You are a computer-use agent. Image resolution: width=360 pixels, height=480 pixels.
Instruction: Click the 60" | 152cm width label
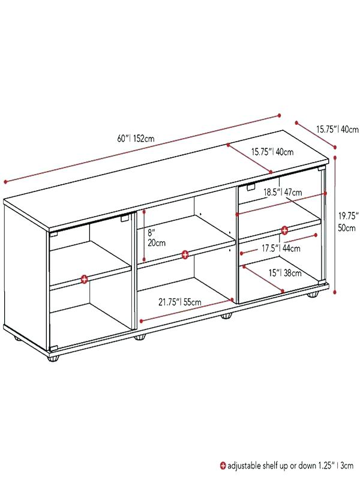coord(136,139)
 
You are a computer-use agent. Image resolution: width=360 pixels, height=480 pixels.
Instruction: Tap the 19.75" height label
coord(348,216)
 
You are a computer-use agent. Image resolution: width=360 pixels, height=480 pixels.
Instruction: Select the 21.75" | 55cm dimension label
coord(179,302)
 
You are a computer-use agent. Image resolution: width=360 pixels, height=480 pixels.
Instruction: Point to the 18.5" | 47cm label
coord(283,192)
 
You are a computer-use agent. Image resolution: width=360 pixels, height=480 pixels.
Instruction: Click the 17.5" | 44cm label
coord(281,248)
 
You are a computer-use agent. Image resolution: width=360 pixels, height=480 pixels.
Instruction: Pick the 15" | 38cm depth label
coord(285,272)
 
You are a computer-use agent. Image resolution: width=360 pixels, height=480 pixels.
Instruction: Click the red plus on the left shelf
coord(84,279)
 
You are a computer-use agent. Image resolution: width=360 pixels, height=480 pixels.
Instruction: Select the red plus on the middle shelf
coord(185,254)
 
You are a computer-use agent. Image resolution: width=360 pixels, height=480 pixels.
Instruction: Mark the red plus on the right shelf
coord(284,230)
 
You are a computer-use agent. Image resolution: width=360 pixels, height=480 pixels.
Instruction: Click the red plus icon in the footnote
coord(223,466)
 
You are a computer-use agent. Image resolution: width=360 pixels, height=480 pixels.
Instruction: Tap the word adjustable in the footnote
coord(244,466)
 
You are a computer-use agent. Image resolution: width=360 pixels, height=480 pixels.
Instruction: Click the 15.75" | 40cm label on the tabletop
coord(272,152)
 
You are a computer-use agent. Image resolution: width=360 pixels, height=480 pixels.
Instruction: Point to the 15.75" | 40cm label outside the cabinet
coord(337,129)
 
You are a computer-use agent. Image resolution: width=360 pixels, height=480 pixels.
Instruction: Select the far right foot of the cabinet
coord(313,295)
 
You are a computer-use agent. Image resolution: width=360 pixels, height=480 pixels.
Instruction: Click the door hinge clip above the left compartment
coord(124,218)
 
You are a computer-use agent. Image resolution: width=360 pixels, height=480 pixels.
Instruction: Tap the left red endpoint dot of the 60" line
coord(5,182)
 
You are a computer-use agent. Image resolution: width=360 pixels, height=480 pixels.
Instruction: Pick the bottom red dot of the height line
coord(335,292)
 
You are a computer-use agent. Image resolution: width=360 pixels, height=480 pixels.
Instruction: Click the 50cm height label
coord(347,228)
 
